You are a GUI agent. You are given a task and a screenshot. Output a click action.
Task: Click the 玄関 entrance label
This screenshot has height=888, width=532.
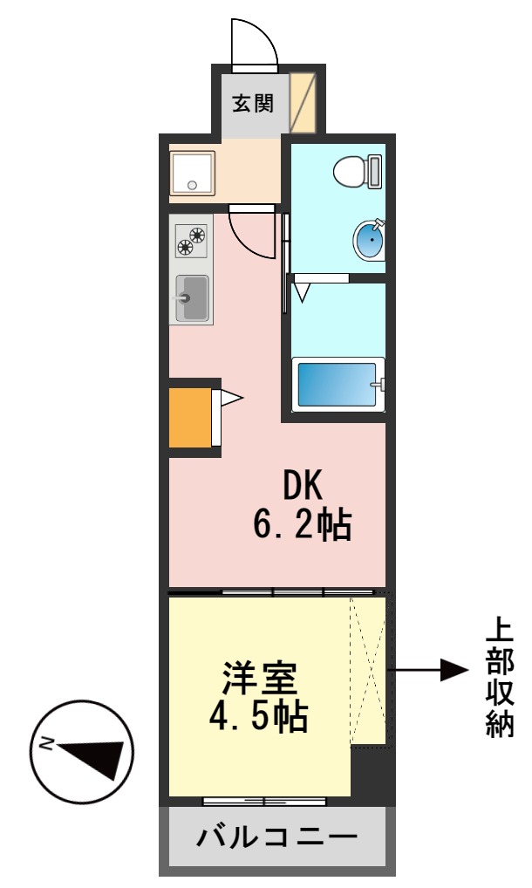[253, 103]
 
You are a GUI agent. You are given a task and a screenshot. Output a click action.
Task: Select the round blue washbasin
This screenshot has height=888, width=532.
[370, 240]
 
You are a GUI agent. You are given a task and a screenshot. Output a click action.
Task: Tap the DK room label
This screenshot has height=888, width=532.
[302, 485]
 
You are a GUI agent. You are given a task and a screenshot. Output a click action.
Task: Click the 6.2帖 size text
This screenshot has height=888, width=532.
[302, 525]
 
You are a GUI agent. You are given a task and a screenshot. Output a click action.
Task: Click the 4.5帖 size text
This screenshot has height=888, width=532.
[258, 717]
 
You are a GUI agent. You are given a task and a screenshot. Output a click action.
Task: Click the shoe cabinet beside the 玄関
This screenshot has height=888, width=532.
[302, 102]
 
